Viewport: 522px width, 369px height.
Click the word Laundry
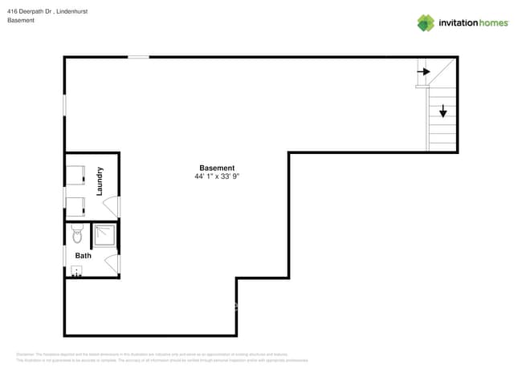point(100,181)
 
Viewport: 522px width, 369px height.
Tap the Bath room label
point(84,256)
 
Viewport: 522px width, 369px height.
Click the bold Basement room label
point(217,168)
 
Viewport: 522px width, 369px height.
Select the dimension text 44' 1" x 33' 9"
point(217,176)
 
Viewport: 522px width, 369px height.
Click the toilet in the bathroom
point(77,234)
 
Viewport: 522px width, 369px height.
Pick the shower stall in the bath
point(104,235)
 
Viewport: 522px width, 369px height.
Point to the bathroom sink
point(76,271)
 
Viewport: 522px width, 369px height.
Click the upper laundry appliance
point(76,175)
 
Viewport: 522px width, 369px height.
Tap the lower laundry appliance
point(76,207)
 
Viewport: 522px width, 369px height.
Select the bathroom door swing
point(112,264)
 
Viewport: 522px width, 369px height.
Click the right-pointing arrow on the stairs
point(423,71)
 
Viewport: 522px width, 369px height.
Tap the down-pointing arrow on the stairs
point(442,112)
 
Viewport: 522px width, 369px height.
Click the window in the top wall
point(138,57)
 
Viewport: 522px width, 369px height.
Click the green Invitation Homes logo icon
point(425,23)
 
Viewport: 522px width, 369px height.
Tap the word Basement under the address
point(21,20)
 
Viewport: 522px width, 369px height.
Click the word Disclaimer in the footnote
point(25,354)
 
